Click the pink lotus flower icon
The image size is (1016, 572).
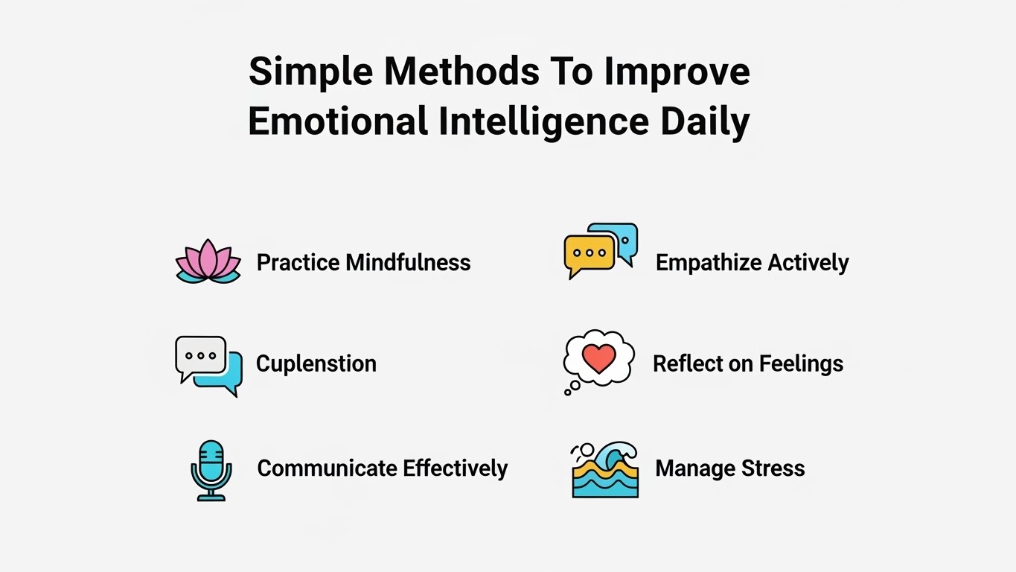pos(208,261)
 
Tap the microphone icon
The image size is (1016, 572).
pos(211,470)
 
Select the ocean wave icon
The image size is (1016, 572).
pos(604,470)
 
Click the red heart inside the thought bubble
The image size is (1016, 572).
pos(599,359)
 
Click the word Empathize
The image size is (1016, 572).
pos(709,263)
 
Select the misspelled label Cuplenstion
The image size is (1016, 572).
pos(316,364)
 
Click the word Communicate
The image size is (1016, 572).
pos(327,468)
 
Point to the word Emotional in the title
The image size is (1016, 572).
pos(339,121)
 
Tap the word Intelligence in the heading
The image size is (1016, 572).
pos(543,121)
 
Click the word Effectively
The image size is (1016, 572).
pos(456,468)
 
